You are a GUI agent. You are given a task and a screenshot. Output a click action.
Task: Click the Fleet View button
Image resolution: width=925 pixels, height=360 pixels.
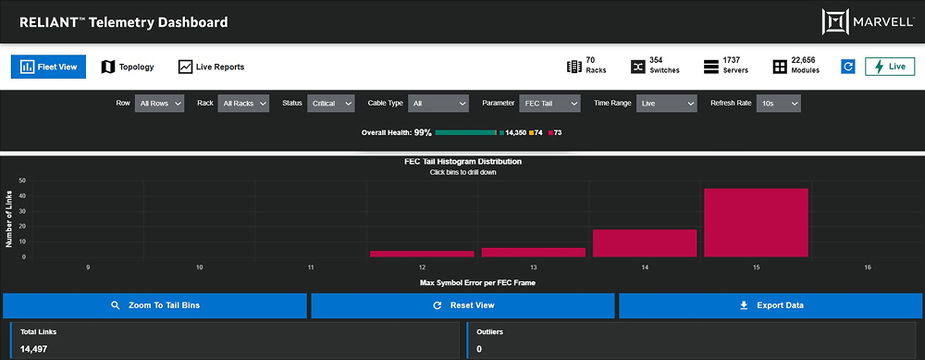(x=48, y=67)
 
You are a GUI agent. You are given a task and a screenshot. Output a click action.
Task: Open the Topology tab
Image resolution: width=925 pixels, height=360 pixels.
(x=128, y=67)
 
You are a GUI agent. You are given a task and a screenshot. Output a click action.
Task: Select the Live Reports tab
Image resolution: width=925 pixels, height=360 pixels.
(x=211, y=67)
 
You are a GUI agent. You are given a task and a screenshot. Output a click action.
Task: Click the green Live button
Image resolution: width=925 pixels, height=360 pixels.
(x=889, y=67)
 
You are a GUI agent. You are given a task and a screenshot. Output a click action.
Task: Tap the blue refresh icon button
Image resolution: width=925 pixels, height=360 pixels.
(x=847, y=67)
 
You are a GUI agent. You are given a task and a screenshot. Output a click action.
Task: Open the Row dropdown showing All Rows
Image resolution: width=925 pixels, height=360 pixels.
(x=159, y=104)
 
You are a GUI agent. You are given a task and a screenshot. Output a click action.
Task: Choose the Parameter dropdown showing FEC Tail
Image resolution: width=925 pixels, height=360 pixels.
(x=549, y=104)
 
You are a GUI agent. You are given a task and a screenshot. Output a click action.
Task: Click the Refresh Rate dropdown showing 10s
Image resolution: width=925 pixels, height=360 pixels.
(x=779, y=104)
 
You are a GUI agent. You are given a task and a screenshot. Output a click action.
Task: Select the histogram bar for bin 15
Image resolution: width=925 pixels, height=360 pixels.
(x=756, y=222)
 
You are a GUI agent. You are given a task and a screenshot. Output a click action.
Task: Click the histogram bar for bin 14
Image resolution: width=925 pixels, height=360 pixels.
(x=645, y=242)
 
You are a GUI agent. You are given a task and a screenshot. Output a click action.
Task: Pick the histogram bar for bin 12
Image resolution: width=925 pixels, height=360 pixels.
(x=422, y=253)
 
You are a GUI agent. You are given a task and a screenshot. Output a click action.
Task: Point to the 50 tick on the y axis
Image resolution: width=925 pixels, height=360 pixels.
(x=21, y=181)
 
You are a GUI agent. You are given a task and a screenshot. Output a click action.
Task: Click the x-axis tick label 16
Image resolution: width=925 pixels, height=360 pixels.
(x=867, y=267)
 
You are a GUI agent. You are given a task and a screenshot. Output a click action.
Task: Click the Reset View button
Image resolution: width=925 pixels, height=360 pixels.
(x=462, y=305)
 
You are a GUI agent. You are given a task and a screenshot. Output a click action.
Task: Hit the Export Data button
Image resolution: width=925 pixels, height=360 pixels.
(x=770, y=305)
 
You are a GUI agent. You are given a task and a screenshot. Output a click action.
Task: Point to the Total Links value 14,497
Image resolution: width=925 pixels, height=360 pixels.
(x=35, y=349)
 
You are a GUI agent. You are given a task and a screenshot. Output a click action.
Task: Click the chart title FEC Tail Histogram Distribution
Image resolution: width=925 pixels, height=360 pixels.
(x=462, y=162)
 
